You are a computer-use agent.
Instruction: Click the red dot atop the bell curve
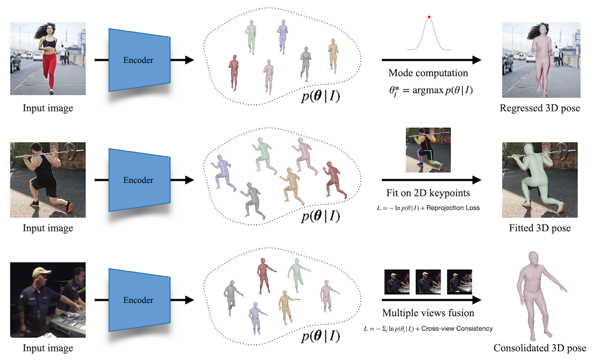click(429, 16)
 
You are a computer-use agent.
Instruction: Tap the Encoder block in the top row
click(138, 60)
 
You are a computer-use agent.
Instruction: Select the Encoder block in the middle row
click(138, 180)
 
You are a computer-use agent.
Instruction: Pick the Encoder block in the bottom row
click(138, 300)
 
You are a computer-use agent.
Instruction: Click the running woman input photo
click(47, 59)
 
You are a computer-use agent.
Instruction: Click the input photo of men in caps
click(47, 299)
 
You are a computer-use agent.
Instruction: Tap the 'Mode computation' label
click(428, 73)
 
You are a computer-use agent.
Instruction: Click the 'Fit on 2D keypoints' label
click(427, 194)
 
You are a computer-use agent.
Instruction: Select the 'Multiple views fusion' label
click(428, 313)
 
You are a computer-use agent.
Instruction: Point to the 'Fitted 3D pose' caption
click(540, 229)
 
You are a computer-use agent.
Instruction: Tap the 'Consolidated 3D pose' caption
click(540, 349)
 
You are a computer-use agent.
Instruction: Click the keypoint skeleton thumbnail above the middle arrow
click(428, 150)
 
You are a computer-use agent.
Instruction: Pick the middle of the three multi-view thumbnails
click(427, 281)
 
